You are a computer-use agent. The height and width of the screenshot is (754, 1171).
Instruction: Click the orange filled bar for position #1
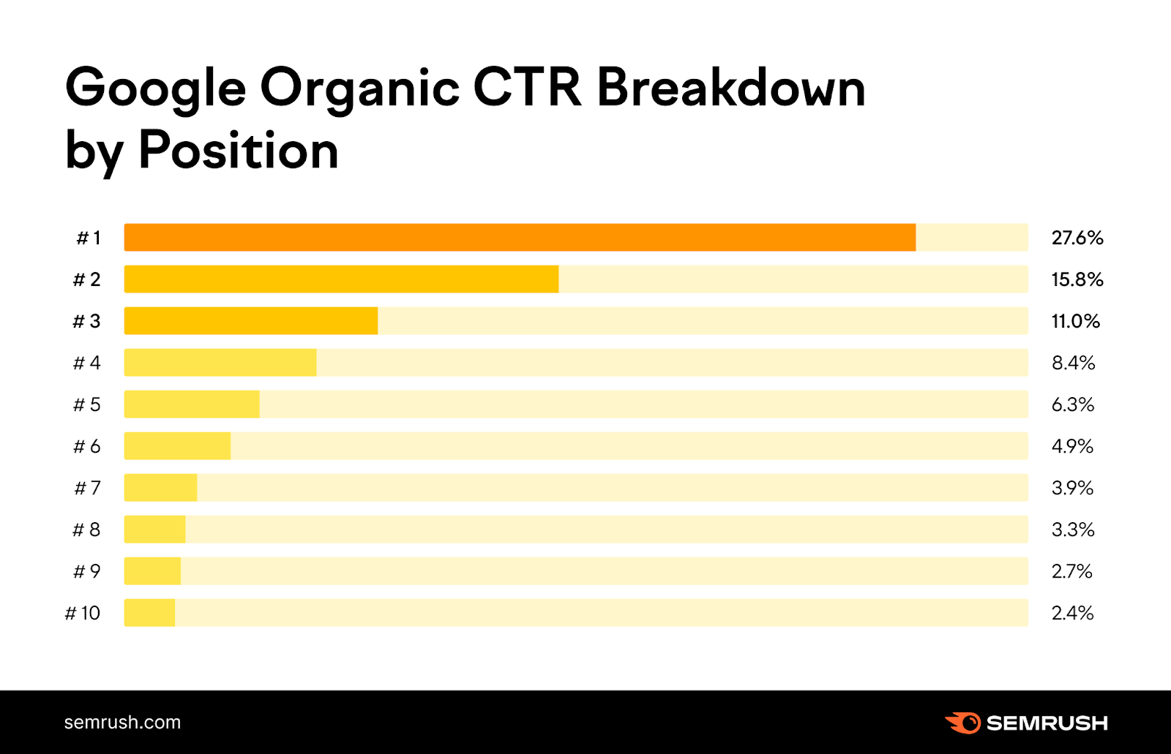[520, 238]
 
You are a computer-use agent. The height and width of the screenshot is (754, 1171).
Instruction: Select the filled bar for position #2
[341, 279]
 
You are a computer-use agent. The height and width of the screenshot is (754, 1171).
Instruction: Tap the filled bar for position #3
[251, 321]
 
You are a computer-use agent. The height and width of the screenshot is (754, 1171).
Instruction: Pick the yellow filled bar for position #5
[192, 404]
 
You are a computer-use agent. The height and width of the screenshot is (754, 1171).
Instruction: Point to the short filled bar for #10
[149, 613]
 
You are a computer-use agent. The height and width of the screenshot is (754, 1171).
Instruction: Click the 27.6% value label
[1077, 238]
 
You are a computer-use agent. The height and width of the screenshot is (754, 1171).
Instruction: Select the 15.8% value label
[1077, 279]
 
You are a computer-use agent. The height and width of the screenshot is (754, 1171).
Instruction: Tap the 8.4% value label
[1073, 363]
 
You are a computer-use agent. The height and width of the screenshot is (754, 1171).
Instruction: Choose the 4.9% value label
[1072, 446]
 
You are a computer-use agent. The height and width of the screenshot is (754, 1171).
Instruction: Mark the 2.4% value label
[1072, 613]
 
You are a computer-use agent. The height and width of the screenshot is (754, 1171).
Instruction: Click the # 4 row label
[86, 363]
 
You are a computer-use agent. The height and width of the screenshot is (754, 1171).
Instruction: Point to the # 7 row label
[87, 488]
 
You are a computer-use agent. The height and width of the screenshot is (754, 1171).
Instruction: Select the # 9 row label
[86, 571]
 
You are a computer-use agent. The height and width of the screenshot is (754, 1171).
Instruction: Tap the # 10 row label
[83, 613]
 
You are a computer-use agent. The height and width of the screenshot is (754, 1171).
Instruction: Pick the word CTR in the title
[527, 88]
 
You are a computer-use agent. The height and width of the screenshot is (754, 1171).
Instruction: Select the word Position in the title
[238, 151]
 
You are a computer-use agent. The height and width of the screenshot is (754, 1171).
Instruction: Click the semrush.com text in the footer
[122, 723]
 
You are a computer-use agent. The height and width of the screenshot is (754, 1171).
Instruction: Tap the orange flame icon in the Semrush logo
[963, 723]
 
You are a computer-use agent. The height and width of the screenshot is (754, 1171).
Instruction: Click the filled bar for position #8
[154, 529]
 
